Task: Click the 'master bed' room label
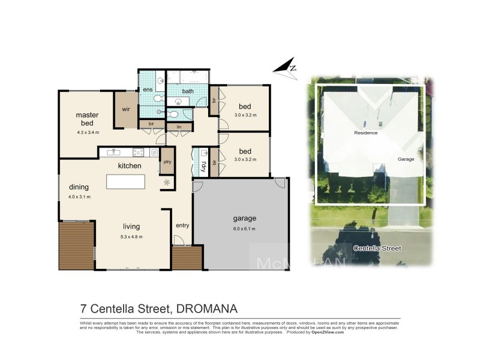pos(87,118)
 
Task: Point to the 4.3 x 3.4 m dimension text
pos(88,132)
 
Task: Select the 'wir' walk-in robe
pos(126,110)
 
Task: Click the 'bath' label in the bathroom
pos(188,91)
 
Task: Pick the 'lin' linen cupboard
pos(179,127)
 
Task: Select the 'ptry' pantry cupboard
pos(167,162)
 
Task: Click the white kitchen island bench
pos(125,181)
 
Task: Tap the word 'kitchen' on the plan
pos(129,166)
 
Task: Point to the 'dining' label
pos(79,187)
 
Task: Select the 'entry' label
pos(182,225)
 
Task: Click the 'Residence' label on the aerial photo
pos(365,133)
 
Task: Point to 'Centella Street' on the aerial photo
pos(377,248)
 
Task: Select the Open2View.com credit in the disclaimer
pos(327,332)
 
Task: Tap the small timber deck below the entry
pos(187,258)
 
